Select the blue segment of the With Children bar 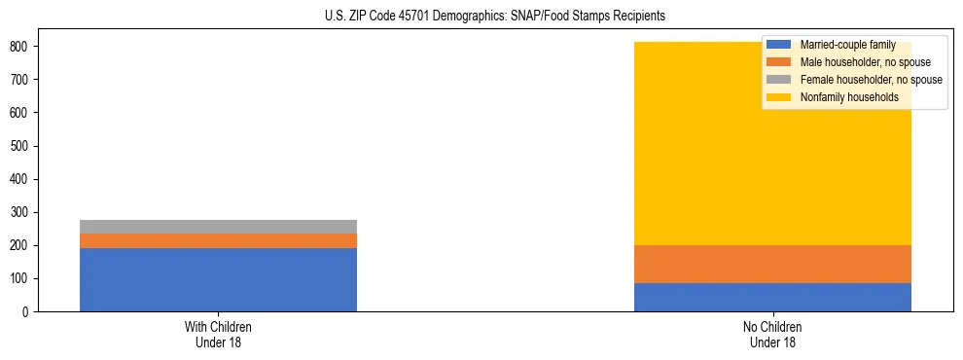tap(218, 279)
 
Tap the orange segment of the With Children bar tap(218, 240)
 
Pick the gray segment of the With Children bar tap(218, 227)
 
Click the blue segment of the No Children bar tap(772, 297)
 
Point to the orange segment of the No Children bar tap(772, 264)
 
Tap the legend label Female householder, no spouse tap(871, 80)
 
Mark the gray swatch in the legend tap(779, 80)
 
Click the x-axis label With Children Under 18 tap(218, 334)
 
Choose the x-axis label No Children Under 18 tap(772, 334)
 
